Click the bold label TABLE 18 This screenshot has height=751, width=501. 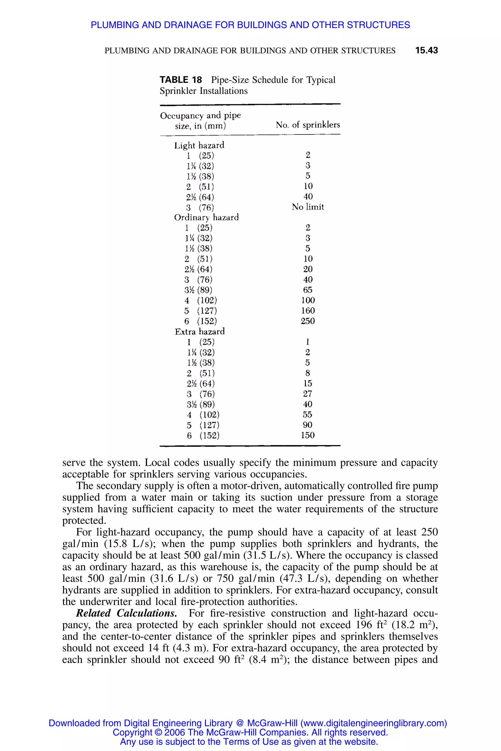(x=181, y=80)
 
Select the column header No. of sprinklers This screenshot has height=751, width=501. (x=308, y=125)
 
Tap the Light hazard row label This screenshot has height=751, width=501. (x=199, y=146)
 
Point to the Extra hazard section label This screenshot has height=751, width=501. (x=200, y=331)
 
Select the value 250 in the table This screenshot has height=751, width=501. (x=308, y=321)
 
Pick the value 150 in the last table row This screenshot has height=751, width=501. (x=308, y=435)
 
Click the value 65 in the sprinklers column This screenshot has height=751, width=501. (x=308, y=290)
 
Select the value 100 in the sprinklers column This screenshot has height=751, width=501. (x=308, y=300)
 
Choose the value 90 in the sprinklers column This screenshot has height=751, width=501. (x=308, y=425)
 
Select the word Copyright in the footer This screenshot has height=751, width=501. (x=132, y=732)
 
